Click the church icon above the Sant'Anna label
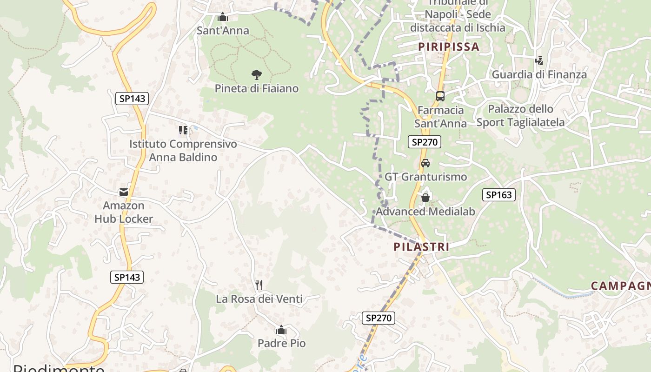[223, 17]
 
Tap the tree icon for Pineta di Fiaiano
[256, 74]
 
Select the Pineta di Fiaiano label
[256, 88]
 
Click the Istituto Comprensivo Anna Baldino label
[183, 151]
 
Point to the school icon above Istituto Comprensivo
[183, 130]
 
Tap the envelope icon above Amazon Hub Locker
[123, 192]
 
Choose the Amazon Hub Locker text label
[123, 212]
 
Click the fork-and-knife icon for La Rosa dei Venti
[259, 285]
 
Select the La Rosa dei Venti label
[259, 299]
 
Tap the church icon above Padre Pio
[281, 330]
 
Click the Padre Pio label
[282, 344]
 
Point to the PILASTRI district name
[421, 247]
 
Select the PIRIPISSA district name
[448, 46]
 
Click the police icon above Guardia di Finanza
[539, 60]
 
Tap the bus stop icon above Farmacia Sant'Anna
[440, 96]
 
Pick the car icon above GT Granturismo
[425, 163]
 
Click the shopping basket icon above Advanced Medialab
[425, 198]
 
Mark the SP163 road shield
[498, 195]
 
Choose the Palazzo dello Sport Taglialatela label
[520, 116]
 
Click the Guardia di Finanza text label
[539, 74]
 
